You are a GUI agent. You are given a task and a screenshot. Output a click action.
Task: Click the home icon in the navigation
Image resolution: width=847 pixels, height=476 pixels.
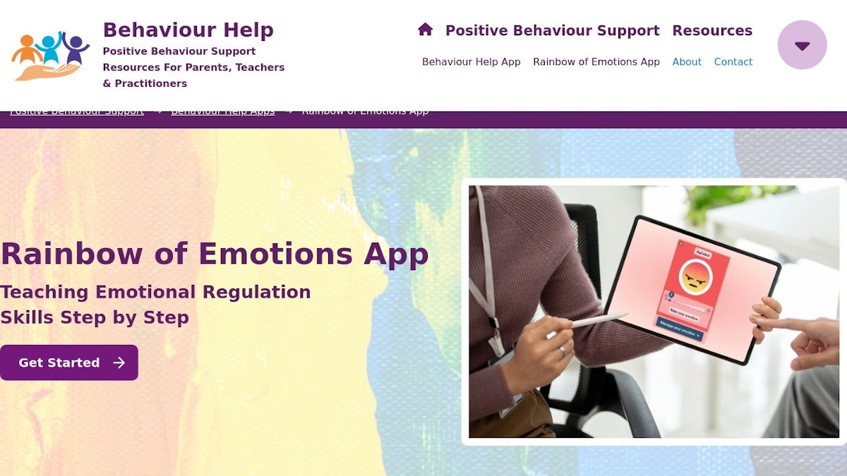(425, 30)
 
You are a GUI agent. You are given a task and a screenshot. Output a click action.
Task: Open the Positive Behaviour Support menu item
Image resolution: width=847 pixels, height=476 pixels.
(552, 30)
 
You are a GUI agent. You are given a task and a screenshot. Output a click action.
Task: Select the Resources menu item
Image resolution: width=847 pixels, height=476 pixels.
(711, 30)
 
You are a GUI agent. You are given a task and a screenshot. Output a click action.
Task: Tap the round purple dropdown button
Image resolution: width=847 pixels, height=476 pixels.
(802, 45)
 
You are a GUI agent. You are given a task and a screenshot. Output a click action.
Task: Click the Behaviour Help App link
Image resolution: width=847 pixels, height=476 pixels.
(471, 62)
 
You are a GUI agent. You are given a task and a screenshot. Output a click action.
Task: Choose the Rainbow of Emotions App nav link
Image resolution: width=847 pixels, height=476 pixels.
(596, 62)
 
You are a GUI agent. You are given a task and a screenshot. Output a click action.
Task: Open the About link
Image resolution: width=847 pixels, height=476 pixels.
(686, 62)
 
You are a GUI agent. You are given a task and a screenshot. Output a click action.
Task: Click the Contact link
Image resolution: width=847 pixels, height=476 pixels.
(733, 62)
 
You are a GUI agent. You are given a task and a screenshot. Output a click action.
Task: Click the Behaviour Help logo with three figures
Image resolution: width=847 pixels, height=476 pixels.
(50, 55)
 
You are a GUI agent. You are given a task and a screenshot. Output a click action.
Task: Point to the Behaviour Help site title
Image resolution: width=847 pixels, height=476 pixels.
(188, 30)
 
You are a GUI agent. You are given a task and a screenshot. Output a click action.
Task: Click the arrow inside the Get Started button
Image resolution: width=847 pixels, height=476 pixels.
(119, 362)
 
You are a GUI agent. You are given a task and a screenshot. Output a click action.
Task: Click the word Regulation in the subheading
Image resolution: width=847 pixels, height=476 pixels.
(256, 292)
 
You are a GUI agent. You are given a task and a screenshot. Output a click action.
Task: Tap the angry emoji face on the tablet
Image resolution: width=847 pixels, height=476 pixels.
(695, 277)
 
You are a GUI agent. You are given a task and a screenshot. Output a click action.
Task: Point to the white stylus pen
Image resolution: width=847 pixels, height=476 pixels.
(596, 321)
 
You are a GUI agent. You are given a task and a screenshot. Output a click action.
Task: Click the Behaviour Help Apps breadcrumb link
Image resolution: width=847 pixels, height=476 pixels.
(222, 111)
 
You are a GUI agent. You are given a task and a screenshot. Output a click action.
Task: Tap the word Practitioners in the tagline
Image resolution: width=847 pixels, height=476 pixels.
(150, 84)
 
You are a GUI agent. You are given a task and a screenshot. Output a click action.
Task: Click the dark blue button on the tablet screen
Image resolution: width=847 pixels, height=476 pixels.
(678, 329)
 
